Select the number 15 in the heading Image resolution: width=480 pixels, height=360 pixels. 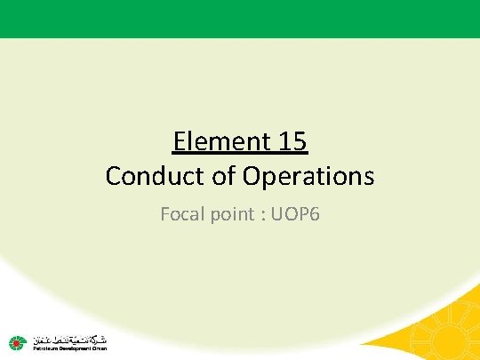(x=294, y=140)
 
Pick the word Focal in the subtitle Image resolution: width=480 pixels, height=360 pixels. (x=180, y=213)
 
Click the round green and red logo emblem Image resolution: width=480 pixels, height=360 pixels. (x=17, y=341)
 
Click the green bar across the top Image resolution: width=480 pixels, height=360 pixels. (x=240, y=18)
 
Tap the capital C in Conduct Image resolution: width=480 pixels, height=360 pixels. (x=113, y=175)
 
